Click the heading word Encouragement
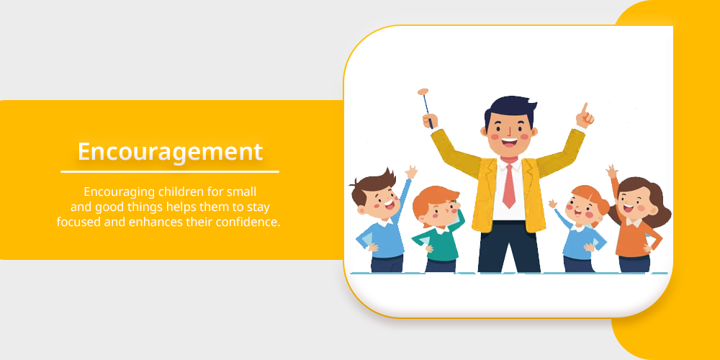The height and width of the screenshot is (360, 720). pyautogui.click(x=170, y=152)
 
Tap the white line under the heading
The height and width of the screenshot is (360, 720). pyautogui.click(x=170, y=172)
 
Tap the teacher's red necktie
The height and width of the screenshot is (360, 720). pyautogui.click(x=508, y=184)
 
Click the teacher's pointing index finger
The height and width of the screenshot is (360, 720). pyautogui.click(x=585, y=109)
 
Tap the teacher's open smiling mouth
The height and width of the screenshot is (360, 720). pyautogui.click(x=509, y=143)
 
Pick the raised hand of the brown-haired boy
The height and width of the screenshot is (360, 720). pyautogui.click(x=411, y=172)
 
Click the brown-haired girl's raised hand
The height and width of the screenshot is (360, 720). pyautogui.click(x=611, y=171)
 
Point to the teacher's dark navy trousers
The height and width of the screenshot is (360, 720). pyautogui.click(x=509, y=247)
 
